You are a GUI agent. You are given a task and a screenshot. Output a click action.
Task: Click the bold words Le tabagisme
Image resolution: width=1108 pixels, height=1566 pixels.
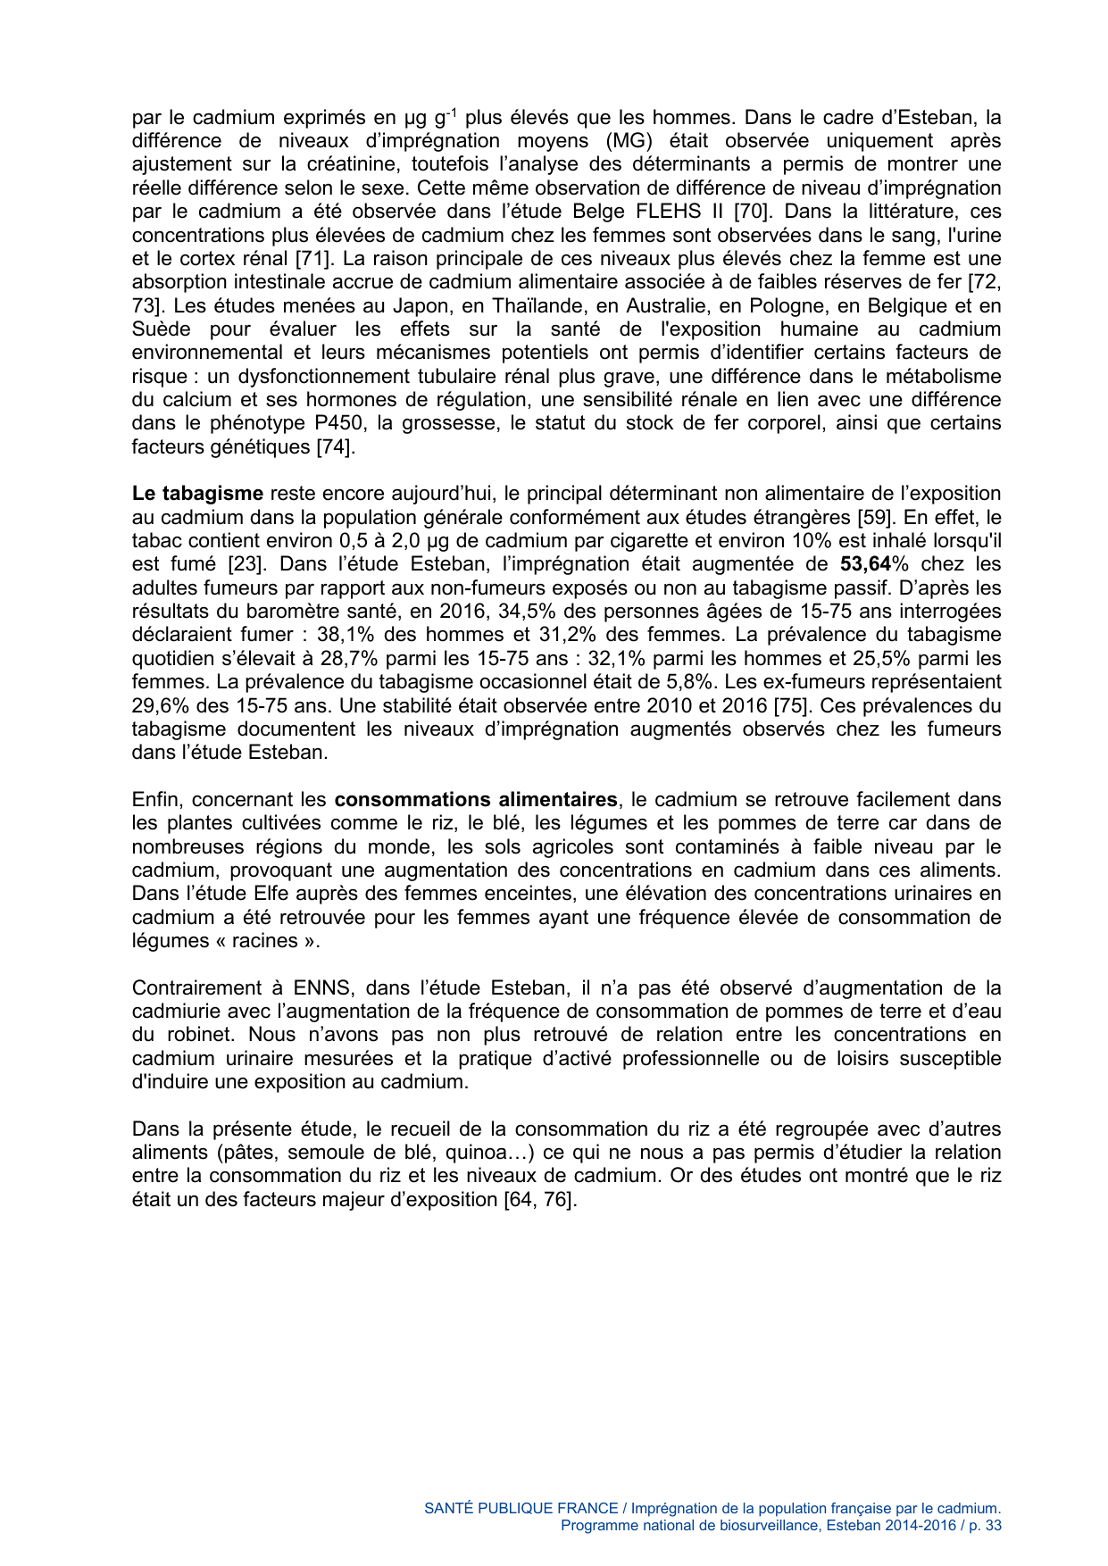point(197,494)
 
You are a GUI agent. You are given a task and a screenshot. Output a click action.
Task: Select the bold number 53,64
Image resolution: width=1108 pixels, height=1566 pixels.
point(865,564)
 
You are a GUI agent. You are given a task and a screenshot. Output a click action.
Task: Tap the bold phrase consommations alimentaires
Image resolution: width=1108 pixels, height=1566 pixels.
point(475,799)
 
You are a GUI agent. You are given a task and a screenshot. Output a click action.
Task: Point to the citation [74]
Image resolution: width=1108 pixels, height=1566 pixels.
point(336,446)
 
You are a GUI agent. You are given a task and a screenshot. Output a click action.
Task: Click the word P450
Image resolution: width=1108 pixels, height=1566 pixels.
point(336,423)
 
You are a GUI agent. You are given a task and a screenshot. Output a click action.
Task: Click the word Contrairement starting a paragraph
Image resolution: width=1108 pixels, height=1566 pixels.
point(196,987)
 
